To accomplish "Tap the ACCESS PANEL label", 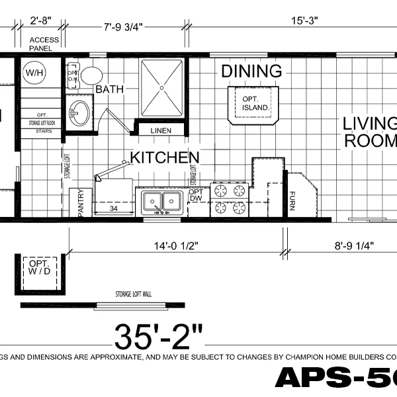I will point(44,44).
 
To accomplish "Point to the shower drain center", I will point(161,87).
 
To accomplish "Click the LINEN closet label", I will point(162,130).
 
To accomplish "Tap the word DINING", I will point(251,71).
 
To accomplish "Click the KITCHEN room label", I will point(164,157).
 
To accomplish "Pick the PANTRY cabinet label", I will point(81,203).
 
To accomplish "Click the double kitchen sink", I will point(161,201).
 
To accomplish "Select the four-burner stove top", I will point(228,200).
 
